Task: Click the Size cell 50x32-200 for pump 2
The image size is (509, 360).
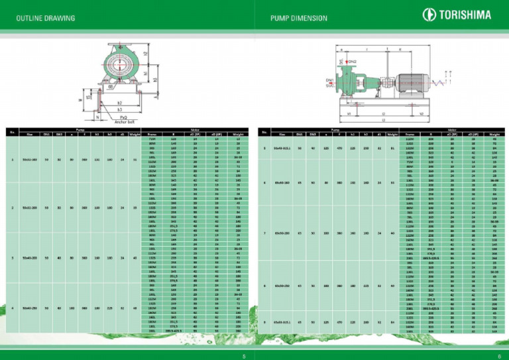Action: [30, 208]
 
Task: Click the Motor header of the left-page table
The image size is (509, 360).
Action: [198, 130]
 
